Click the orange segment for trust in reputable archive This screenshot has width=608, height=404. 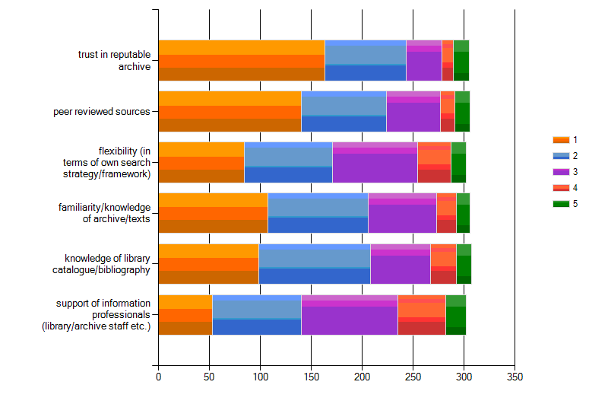(242, 60)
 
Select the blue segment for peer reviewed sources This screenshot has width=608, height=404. (344, 111)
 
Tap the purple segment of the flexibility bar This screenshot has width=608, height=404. (375, 162)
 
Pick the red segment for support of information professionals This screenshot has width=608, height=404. (421, 315)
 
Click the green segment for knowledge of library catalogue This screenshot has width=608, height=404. (464, 264)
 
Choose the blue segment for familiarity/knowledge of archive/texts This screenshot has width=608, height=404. (318, 213)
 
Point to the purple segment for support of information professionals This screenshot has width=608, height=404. (349, 315)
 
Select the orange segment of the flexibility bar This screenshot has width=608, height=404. (201, 162)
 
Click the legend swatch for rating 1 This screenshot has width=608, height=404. (561, 140)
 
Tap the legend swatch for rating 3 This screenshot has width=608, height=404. (561, 172)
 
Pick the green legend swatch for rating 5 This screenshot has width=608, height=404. (561, 204)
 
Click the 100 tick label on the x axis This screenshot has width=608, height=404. (260, 376)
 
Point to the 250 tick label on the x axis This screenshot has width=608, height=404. (413, 376)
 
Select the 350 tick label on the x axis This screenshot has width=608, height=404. (515, 376)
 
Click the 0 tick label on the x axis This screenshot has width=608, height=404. (158, 376)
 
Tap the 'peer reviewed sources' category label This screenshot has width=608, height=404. (102, 111)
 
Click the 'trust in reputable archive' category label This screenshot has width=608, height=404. (114, 60)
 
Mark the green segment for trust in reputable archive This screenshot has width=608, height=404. (461, 60)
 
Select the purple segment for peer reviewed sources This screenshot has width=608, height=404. (413, 111)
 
